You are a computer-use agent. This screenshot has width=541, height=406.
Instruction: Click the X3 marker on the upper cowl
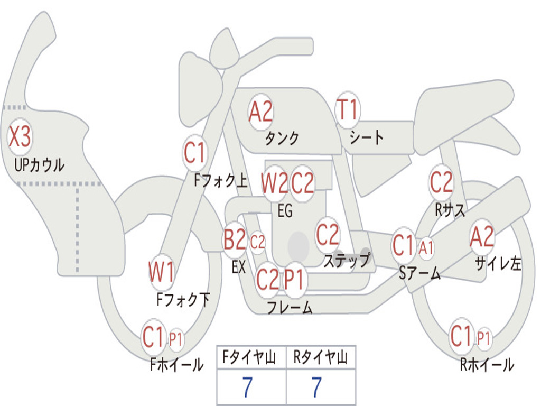coord(20,137)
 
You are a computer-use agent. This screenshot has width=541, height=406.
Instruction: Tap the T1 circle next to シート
coord(347,110)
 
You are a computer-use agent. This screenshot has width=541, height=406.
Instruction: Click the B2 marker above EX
coord(235,241)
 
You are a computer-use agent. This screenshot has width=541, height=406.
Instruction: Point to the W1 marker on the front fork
coord(161,273)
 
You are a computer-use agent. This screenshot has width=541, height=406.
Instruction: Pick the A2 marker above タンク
coord(260,112)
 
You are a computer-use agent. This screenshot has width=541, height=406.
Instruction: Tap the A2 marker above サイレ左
coord(482,237)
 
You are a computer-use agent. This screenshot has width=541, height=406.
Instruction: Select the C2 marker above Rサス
coord(441,182)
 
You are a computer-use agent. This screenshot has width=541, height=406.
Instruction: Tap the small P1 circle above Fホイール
coord(175,339)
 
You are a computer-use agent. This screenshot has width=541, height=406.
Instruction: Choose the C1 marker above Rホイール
coord(461,336)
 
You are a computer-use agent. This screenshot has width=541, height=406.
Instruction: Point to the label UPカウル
coord(40,165)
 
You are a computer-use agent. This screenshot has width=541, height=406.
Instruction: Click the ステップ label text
coord(347,261)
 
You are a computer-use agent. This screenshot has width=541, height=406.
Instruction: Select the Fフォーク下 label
coord(183,300)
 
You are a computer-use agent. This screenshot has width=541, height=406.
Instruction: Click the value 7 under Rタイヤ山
coord(316,387)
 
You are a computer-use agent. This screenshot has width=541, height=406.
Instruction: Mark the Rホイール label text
coord(487,364)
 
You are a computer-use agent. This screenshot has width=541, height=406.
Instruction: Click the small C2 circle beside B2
coord(257,243)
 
